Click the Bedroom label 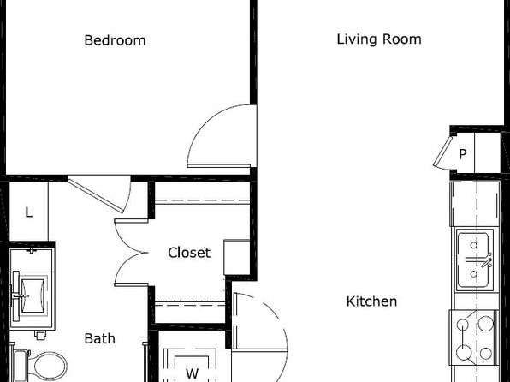point(115,40)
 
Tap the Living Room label point(379,39)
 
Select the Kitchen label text point(371,301)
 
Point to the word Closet point(189,253)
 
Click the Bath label point(99,338)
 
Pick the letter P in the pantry point(463,153)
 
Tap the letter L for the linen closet point(29,212)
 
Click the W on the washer point(193,373)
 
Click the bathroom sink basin point(33,295)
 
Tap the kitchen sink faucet point(487,262)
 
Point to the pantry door point(443,152)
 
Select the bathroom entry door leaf point(97,194)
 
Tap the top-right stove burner point(486,324)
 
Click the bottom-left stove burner point(464,353)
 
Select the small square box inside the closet point(237,257)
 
